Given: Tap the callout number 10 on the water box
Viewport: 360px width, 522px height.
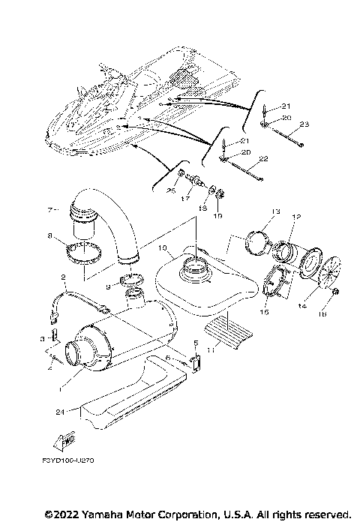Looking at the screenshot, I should (160, 247).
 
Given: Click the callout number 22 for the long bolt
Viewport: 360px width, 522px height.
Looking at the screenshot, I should (263, 158).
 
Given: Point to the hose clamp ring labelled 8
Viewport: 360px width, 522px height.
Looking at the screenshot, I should (85, 252).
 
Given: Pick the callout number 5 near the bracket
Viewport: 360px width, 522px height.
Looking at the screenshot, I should (196, 343).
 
